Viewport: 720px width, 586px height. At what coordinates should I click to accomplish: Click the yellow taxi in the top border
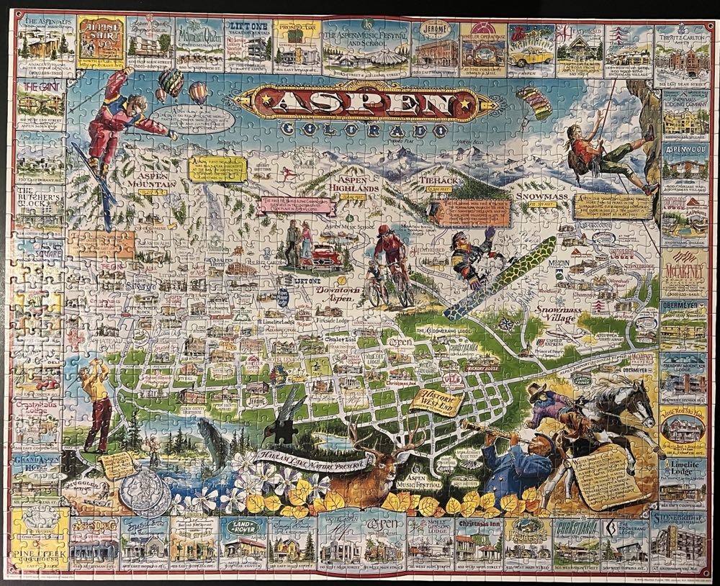click(x=531, y=57)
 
